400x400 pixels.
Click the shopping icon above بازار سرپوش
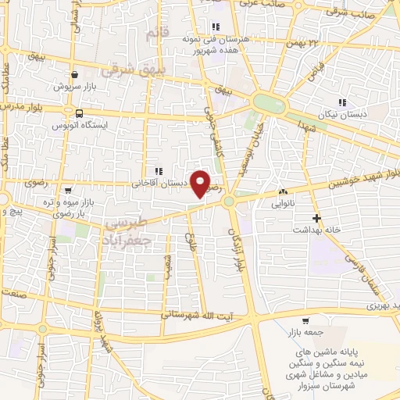pos(73,75)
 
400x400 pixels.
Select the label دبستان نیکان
pos(345,114)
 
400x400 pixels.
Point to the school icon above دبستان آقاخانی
pos(159,171)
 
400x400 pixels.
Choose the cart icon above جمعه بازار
pos(305,320)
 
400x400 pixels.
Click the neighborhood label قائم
pos(158,34)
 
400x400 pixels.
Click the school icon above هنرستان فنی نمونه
pos(215,27)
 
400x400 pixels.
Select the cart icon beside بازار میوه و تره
pos(69,190)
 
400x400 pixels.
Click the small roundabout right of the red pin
pos(229,202)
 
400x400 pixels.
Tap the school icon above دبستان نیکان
pos(341,102)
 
